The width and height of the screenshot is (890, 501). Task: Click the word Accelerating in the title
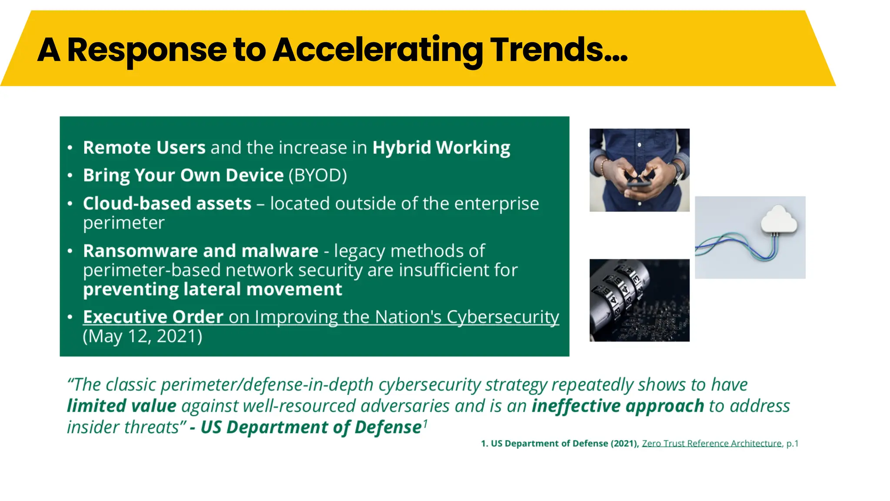[x=377, y=50]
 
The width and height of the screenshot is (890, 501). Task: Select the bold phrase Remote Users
[x=144, y=147]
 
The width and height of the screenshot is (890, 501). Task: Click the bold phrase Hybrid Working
[x=441, y=147]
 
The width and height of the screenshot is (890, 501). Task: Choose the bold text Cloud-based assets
[x=167, y=204]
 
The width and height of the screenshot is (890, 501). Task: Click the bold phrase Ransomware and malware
[x=200, y=251]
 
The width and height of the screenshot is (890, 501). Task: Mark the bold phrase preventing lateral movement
[x=213, y=289]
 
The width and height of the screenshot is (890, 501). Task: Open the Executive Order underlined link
[x=153, y=317]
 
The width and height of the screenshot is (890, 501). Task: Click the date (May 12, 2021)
[x=143, y=336]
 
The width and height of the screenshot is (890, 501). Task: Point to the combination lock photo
[x=639, y=300]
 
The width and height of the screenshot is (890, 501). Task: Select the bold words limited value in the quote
[x=121, y=406]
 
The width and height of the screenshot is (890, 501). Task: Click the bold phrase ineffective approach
[x=618, y=406]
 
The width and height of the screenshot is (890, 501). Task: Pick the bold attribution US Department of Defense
[x=311, y=427]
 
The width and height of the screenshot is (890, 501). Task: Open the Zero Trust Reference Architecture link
[x=711, y=443]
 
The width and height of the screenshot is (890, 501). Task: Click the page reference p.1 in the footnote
[x=792, y=443]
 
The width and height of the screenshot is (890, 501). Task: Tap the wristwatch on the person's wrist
[x=677, y=173]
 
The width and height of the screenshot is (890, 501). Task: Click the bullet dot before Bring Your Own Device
[x=70, y=176]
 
